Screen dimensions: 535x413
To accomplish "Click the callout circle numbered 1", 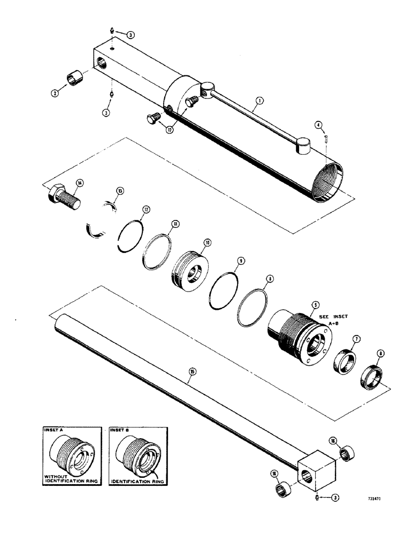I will (258, 100).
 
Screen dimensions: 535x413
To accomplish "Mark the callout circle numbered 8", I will (270, 278).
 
